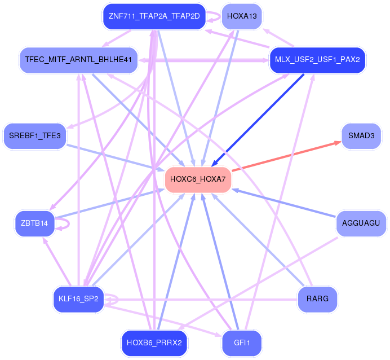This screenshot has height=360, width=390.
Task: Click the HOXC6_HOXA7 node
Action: click(x=198, y=179)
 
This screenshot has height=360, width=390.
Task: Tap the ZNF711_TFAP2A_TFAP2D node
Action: click(x=154, y=16)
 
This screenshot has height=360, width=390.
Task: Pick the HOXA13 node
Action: click(x=241, y=16)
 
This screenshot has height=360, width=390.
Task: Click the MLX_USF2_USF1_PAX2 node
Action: click(x=317, y=59)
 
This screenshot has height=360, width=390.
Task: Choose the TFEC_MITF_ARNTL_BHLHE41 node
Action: click(x=78, y=59)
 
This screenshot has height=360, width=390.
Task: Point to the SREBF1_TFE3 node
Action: click(x=35, y=136)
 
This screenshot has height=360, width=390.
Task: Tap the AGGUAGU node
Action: click(x=361, y=223)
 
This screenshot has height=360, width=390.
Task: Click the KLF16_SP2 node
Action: click(x=78, y=298)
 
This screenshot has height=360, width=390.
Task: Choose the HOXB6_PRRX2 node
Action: click(x=154, y=343)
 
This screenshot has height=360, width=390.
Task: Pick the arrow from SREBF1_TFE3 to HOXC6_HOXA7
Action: click(x=113, y=155)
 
